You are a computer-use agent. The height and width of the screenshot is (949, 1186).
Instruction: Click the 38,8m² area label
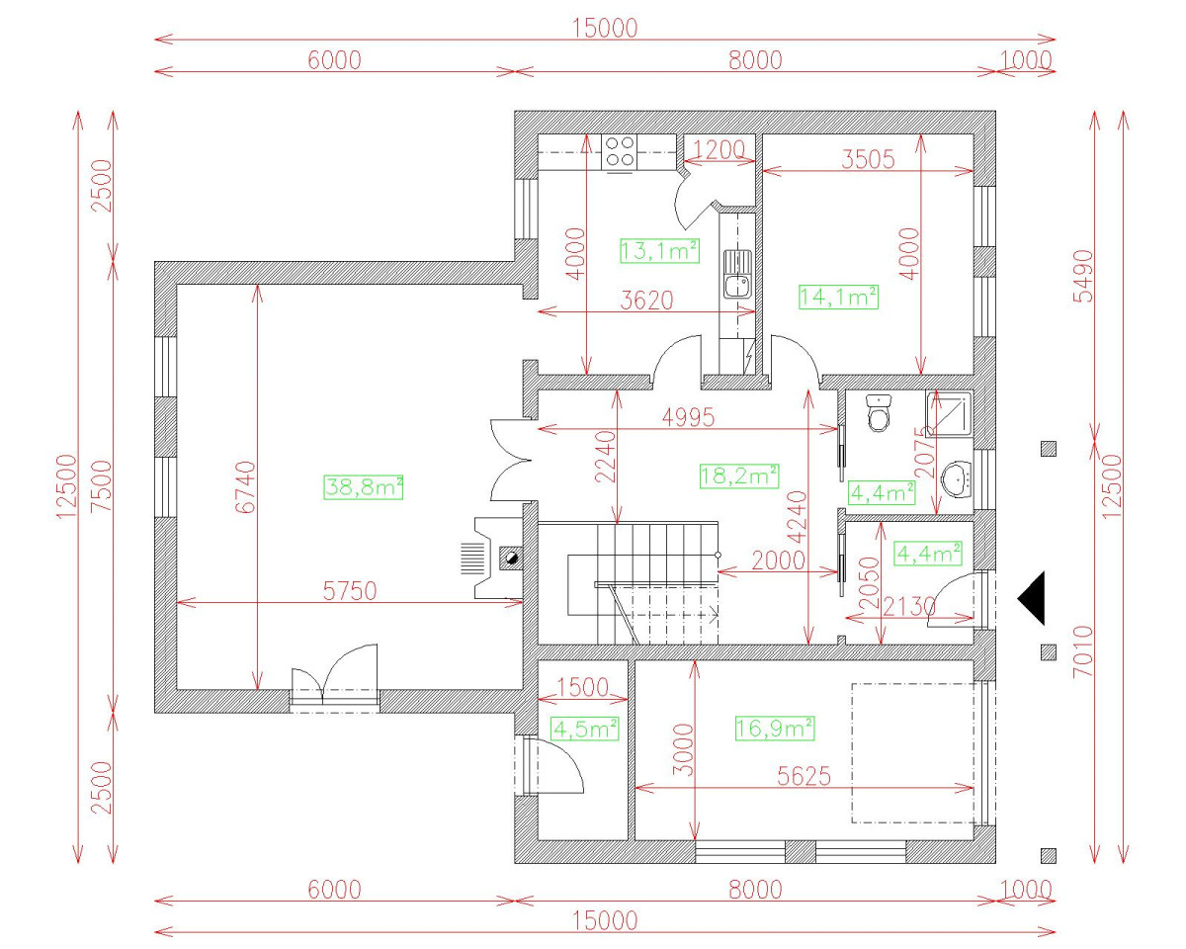(363, 486)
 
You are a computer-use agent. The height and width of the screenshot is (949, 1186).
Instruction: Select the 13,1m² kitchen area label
(659, 251)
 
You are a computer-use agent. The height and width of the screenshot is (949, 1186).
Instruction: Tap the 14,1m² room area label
(838, 296)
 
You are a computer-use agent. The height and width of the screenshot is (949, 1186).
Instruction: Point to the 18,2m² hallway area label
(739, 475)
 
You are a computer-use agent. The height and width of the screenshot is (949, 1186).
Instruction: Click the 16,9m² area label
(775, 730)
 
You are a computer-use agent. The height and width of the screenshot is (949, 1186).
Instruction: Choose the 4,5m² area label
(585, 730)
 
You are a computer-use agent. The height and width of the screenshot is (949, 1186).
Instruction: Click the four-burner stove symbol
(620, 151)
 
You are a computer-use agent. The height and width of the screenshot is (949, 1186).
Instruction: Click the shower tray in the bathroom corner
(950, 413)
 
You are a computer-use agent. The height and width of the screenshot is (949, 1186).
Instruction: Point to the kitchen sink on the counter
(735, 274)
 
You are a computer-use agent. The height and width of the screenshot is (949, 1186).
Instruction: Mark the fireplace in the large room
(497, 559)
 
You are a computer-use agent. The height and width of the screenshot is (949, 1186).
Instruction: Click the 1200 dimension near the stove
(717, 150)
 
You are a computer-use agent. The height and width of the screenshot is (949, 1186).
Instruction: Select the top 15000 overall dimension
(605, 28)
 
